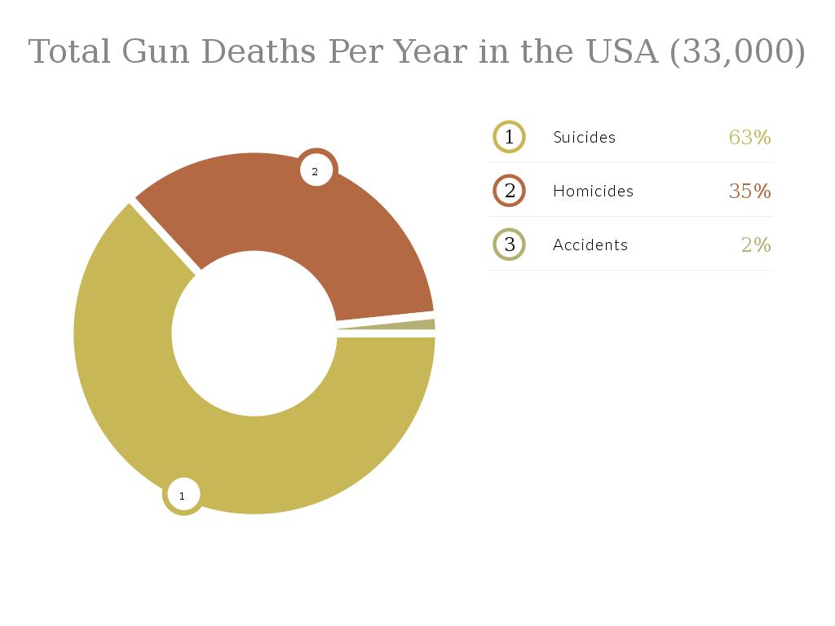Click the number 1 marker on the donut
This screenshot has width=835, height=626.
pyautogui.click(x=183, y=495)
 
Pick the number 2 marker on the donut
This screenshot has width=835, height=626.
pyautogui.click(x=316, y=171)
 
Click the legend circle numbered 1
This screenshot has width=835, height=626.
pyautogui.click(x=510, y=137)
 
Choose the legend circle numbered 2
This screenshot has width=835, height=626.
pyautogui.click(x=510, y=191)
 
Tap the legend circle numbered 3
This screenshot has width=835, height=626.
pyautogui.click(x=510, y=245)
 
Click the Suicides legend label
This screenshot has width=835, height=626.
pyautogui.click(x=584, y=137)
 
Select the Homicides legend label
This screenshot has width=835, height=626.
pyautogui.click(x=593, y=191)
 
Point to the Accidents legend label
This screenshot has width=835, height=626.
pyautogui.click(x=590, y=245)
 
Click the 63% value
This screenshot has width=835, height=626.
pyautogui.click(x=749, y=137)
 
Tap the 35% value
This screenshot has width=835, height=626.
pyautogui.click(x=749, y=191)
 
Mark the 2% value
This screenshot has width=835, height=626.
pyautogui.click(x=756, y=245)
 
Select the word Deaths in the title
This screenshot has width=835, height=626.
pyautogui.click(x=258, y=52)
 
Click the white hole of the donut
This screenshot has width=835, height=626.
pyautogui.click(x=254, y=333)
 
